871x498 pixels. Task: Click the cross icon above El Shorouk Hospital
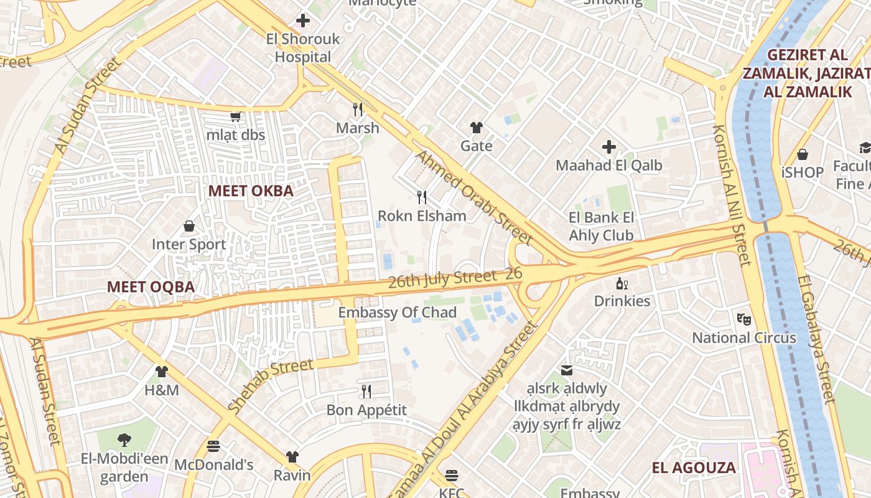point(303,21)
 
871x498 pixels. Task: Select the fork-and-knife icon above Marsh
point(358,110)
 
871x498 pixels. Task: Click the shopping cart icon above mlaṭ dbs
point(236,116)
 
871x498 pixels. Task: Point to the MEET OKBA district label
point(251,191)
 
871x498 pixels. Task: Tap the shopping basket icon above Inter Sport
point(189,226)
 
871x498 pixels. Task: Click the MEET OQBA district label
point(151,287)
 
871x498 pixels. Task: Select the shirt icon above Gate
point(477,128)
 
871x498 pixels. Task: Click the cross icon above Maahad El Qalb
point(609,147)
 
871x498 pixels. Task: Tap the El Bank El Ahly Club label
point(601,227)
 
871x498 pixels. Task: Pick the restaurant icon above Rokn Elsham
point(422,197)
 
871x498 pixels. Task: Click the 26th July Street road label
point(442,278)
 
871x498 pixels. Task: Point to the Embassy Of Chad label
point(398,312)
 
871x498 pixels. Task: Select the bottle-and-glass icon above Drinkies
point(622,283)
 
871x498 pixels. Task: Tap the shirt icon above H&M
point(162,372)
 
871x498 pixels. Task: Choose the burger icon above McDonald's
point(213,446)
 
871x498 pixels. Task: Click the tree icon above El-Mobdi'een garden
point(124,440)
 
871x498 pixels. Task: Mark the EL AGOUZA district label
point(694,467)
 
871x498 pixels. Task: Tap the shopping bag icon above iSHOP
point(803,154)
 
